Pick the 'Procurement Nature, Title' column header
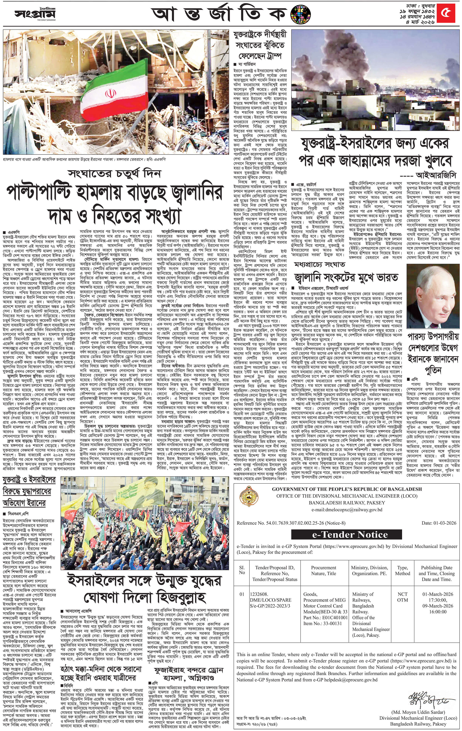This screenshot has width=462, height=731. coord(323,570)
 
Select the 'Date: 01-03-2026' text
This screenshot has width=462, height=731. coord(439,523)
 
